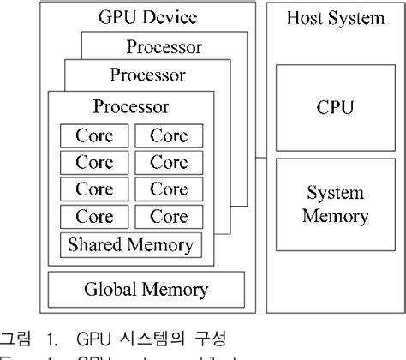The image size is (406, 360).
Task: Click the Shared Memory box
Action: (x=131, y=246)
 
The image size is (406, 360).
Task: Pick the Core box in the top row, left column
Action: (x=94, y=135)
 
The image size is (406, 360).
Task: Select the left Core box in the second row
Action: (x=94, y=162)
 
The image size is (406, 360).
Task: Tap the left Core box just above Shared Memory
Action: (x=94, y=216)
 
